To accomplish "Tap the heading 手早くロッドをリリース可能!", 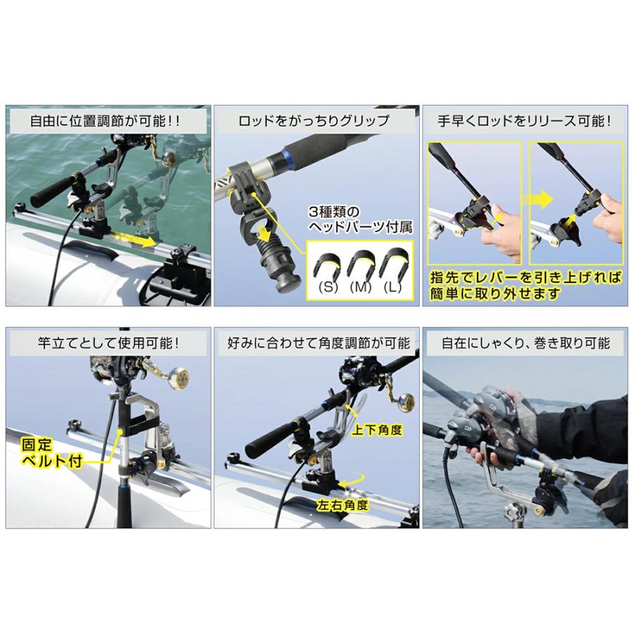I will [x=526, y=121].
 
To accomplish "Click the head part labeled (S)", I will [x=329, y=266].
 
